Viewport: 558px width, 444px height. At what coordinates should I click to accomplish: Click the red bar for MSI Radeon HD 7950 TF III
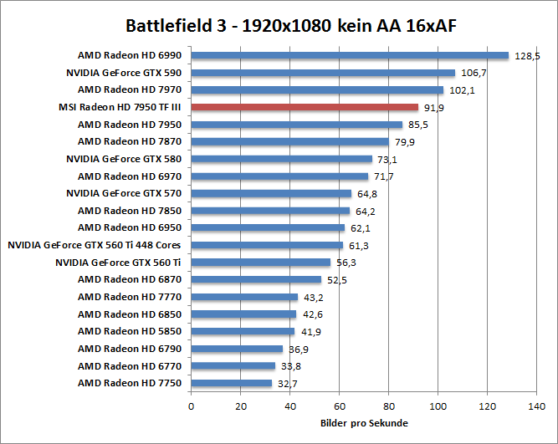point(305,107)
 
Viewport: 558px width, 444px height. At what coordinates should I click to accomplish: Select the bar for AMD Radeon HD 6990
point(350,55)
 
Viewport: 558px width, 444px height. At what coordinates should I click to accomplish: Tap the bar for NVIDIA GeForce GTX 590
point(323,73)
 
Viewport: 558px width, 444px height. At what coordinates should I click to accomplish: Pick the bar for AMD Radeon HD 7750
point(232,383)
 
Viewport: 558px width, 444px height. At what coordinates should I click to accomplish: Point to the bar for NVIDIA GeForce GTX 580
point(282,159)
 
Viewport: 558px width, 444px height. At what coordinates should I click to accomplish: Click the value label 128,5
point(526,56)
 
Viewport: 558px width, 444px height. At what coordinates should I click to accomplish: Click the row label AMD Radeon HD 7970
point(130,89)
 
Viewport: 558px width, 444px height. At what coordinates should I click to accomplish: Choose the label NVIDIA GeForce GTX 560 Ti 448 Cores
point(95,245)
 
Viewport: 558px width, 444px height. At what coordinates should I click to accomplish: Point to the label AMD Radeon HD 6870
point(130,279)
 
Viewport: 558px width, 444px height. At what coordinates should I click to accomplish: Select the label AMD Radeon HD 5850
point(130,331)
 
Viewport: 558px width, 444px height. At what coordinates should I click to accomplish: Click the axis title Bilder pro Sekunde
point(363,423)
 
